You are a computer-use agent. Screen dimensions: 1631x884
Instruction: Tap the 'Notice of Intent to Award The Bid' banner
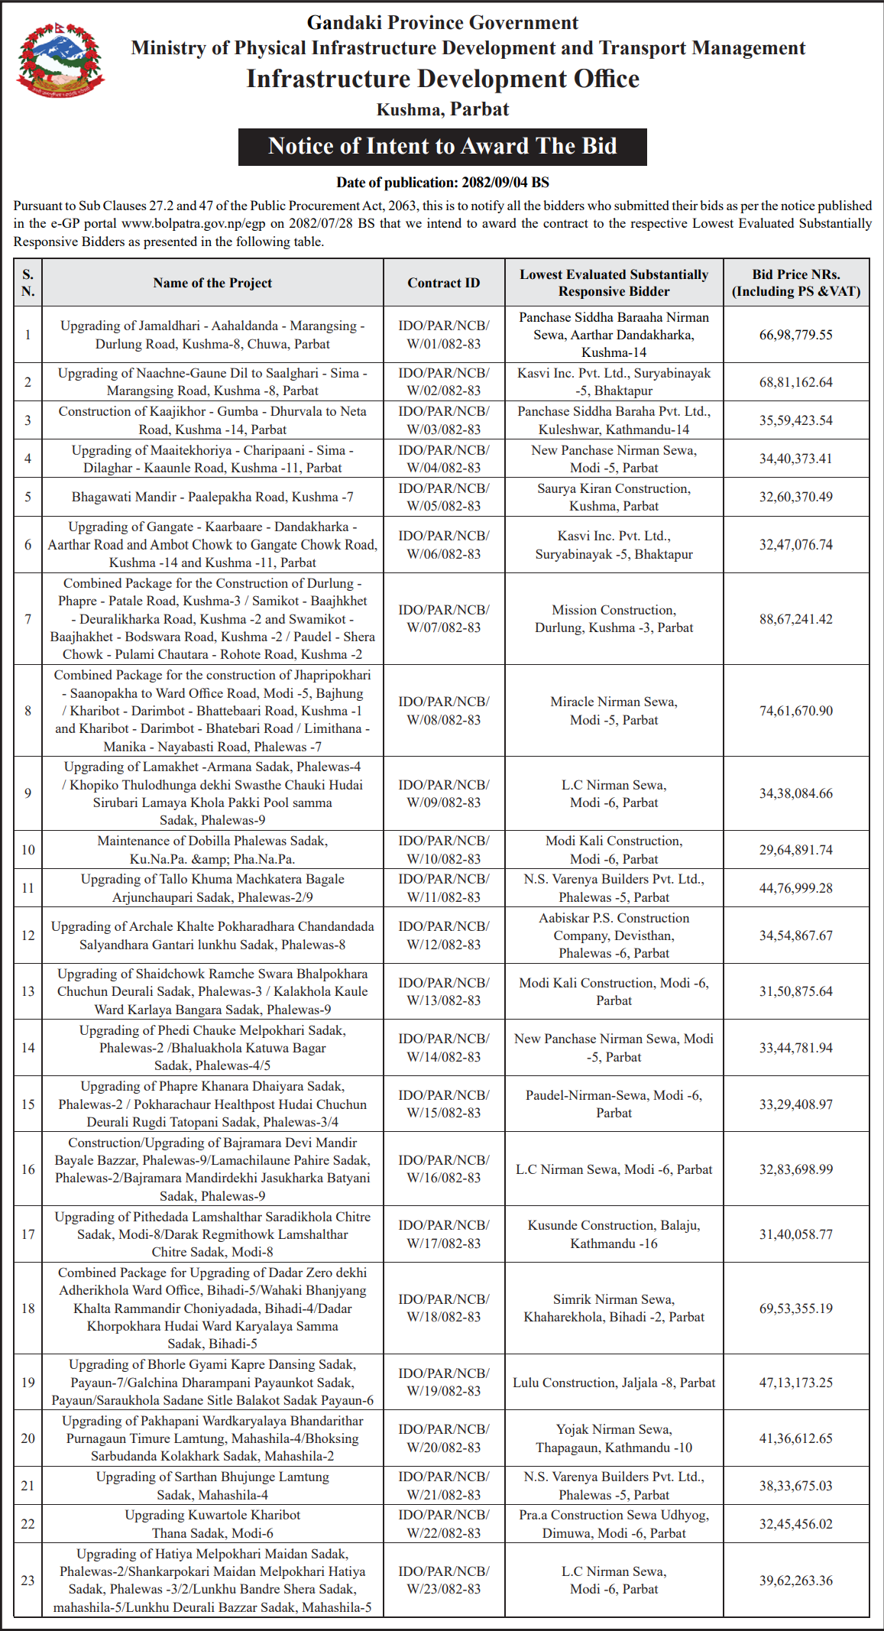(x=442, y=146)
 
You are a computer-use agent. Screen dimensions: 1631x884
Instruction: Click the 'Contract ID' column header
(x=443, y=283)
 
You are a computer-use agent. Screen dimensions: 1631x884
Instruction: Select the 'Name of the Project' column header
(x=212, y=283)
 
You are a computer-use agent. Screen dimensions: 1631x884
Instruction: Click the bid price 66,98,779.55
(x=795, y=335)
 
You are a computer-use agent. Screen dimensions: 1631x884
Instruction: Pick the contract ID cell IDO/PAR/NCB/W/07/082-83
(x=443, y=618)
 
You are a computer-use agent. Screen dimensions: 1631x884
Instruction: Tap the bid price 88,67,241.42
(x=795, y=619)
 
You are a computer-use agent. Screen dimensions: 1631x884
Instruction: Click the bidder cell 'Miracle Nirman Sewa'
(x=614, y=711)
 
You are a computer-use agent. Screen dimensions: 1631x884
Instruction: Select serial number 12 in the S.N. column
(x=28, y=935)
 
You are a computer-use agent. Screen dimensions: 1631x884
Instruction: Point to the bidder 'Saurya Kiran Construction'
(x=614, y=497)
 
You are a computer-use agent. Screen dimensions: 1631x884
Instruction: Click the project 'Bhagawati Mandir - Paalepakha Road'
(x=212, y=497)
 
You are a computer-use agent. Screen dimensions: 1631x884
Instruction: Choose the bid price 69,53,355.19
(x=795, y=1308)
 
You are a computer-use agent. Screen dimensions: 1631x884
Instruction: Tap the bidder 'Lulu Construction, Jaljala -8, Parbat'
(x=614, y=1383)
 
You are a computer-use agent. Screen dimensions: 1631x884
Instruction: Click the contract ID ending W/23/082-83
(x=443, y=1581)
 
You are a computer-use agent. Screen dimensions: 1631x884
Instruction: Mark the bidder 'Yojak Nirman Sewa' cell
(x=614, y=1438)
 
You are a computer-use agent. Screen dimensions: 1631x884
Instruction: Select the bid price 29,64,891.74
(x=795, y=850)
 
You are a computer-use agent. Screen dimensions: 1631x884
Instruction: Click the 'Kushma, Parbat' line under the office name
(x=442, y=109)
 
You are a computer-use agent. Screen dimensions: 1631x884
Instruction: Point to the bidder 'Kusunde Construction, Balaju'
(x=614, y=1234)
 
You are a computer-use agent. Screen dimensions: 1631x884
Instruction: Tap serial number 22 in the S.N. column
(x=28, y=1524)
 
